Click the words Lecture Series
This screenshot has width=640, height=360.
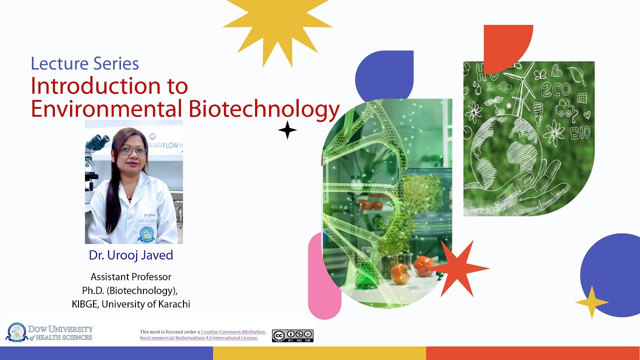pyautogui.click(x=84, y=63)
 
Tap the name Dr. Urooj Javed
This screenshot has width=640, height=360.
pyautogui.click(x=131, y=255)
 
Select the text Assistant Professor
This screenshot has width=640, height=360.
pyautogui.click(x=131, y=276)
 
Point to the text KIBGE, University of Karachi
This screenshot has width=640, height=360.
pyautogui.click(x=131, y=303)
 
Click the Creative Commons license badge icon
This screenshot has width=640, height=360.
pyautogui.click(x=292, y=335)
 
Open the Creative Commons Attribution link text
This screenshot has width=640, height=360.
pyautogui.click(x=233, y=332)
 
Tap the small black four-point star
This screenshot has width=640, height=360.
pyautogui.click(x=287, y=130)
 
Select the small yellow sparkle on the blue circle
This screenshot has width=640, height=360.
pyautogui.click(x=591, y=302)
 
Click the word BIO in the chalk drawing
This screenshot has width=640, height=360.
pyautogui.click(x=580, y=132)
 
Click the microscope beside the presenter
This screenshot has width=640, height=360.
pyautogui.click(x=95, y=155)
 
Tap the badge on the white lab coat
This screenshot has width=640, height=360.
pyautogui.click(x=146, y=234)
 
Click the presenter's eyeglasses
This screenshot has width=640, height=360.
pyautogui.click(x=133, y=150)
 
